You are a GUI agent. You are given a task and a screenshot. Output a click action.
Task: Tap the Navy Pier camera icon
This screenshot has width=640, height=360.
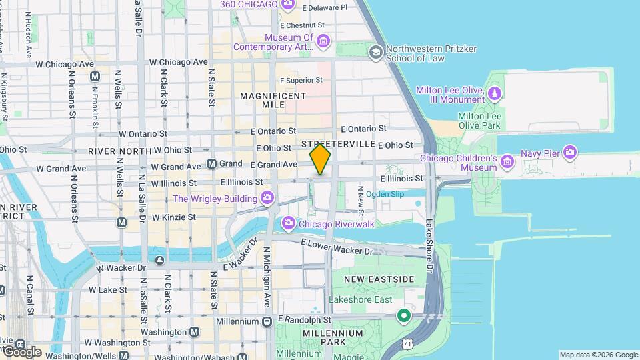[x=569, y=153]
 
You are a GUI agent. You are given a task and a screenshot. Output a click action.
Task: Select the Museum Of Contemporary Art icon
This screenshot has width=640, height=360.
[x=323, y=42]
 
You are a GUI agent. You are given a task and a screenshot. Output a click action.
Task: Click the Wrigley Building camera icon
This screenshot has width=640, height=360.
[x=267, y=198]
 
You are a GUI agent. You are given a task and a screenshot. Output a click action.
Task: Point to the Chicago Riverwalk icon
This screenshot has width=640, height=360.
[x=289, y=223]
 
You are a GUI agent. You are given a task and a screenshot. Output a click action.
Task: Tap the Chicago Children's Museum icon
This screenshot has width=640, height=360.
[x=507, y=161]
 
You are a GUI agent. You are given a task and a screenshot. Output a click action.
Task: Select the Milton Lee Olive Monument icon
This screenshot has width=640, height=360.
[x=494, y=94]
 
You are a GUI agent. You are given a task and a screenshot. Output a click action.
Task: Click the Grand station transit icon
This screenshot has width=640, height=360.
[x=211, y=163]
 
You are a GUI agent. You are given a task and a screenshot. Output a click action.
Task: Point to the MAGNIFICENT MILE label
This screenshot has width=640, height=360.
[x=273, y=101]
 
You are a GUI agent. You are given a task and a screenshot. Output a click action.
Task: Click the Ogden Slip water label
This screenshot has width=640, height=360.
[x=385, y=194]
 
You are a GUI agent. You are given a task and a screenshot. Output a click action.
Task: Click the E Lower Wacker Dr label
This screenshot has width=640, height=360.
[x=337, y=247]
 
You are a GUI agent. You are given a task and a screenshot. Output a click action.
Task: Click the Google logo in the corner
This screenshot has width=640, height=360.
[x=22, y=351]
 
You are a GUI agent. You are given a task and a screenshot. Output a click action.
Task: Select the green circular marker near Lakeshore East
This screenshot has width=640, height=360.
[x=403, y=315]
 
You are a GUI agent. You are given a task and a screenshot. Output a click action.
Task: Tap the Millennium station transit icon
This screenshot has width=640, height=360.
[x=267, y=321]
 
